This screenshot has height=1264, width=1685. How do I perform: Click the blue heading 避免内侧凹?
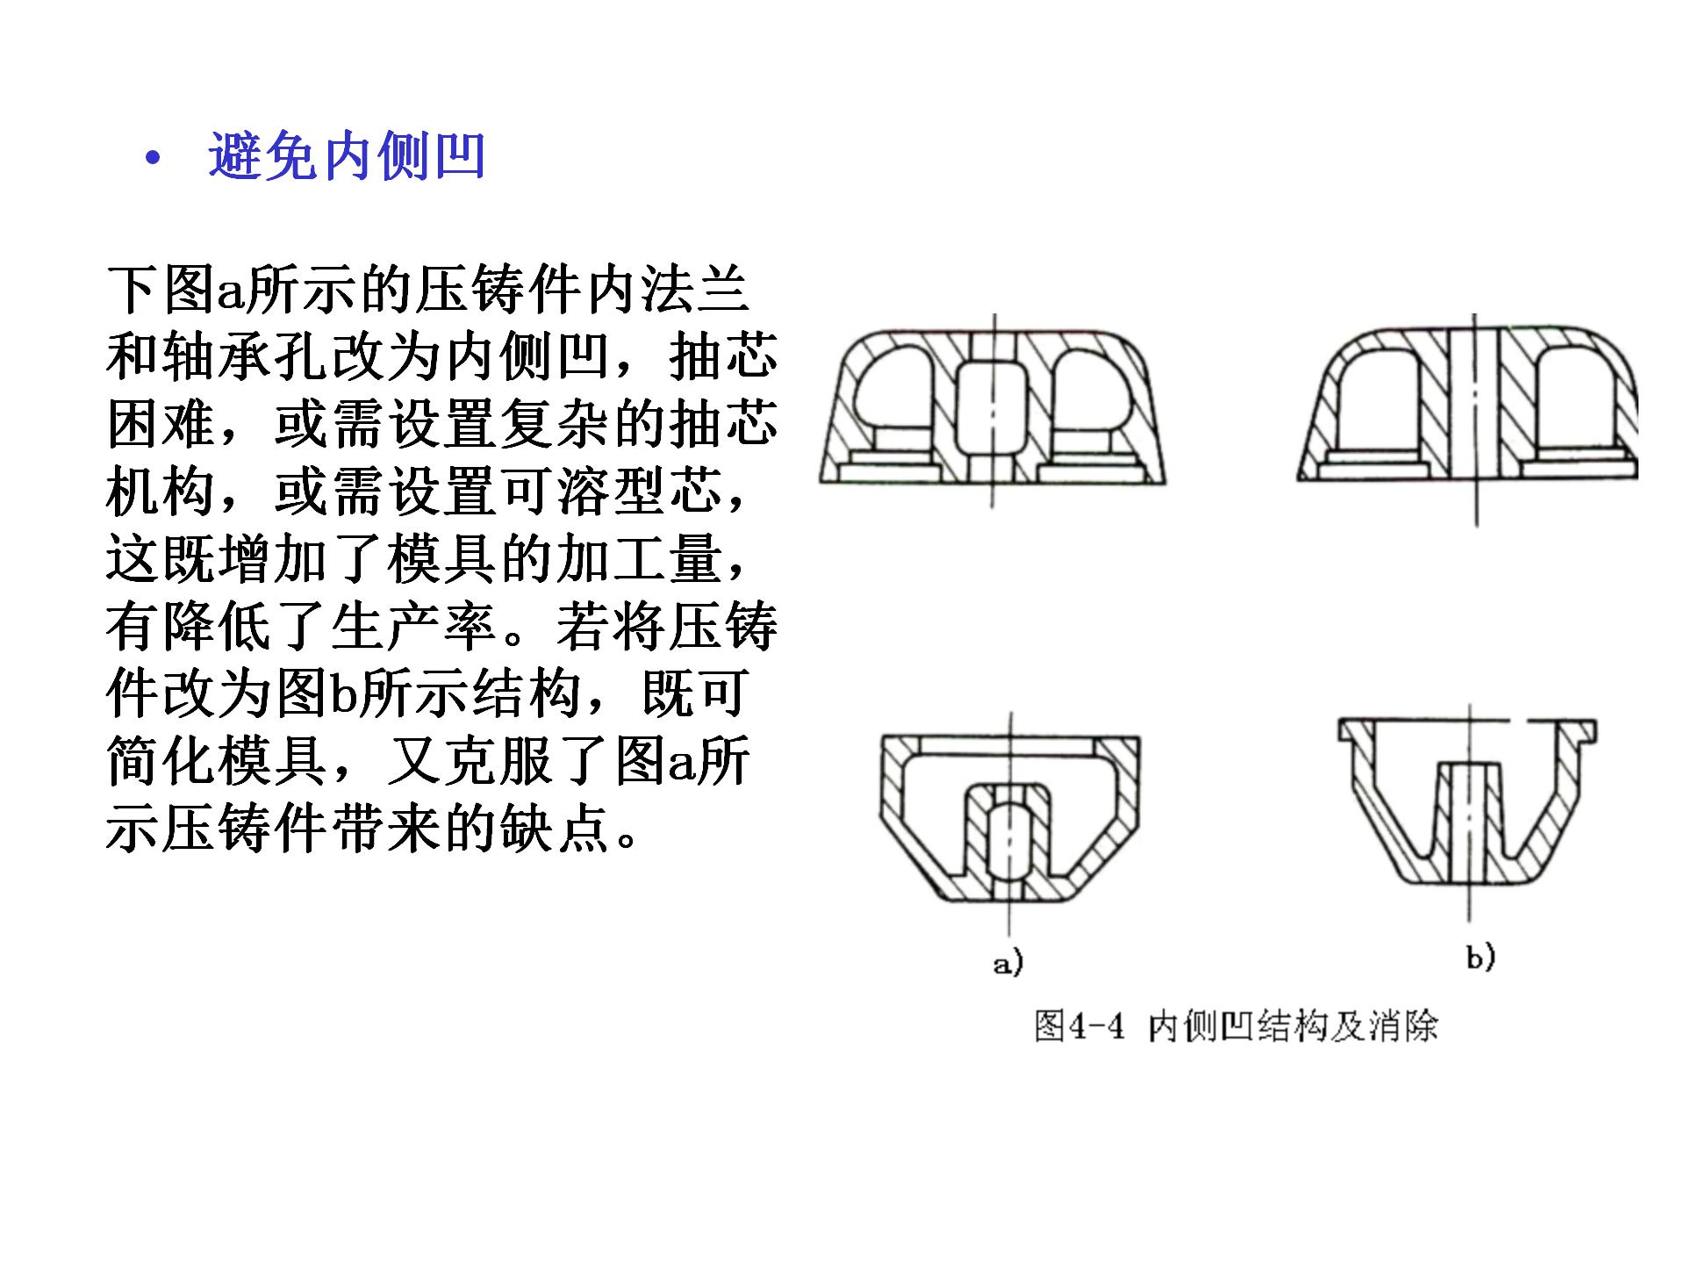tap(347, 157)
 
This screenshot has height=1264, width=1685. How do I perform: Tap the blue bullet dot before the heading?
tap(154, 159)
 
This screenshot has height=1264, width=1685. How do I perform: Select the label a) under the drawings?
tap(1008, 964)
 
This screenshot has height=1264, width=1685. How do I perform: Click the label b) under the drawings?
tap(1481, 956)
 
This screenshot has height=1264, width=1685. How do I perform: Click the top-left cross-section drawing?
tap(993, 408)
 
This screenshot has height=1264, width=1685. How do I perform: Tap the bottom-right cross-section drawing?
tap(1468, 812)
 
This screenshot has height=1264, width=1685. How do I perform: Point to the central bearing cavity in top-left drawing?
tap(993, 408)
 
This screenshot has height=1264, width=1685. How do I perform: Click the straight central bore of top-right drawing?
tap(1474, 405)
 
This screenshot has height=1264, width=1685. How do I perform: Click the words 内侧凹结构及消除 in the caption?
tap(1294, 1025)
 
